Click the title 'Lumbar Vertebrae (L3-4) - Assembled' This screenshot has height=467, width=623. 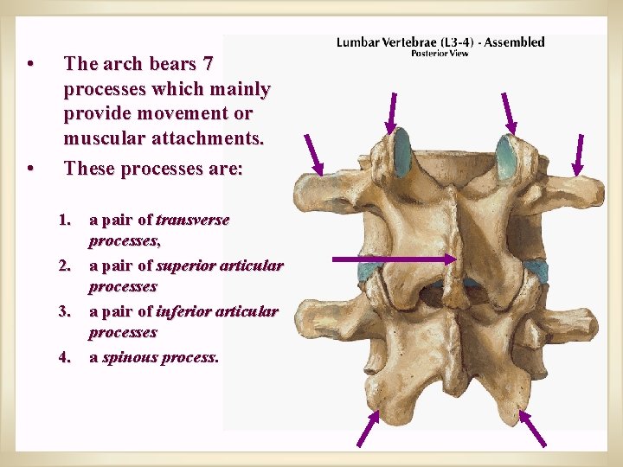[440, 42]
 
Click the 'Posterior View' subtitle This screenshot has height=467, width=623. [440, 54]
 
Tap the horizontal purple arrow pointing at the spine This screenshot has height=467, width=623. [394, 258]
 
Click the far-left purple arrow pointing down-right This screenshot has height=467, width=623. [312, 154]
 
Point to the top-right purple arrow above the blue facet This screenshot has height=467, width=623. [510, 113]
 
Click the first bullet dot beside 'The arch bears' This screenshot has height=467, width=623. [30, 64]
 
